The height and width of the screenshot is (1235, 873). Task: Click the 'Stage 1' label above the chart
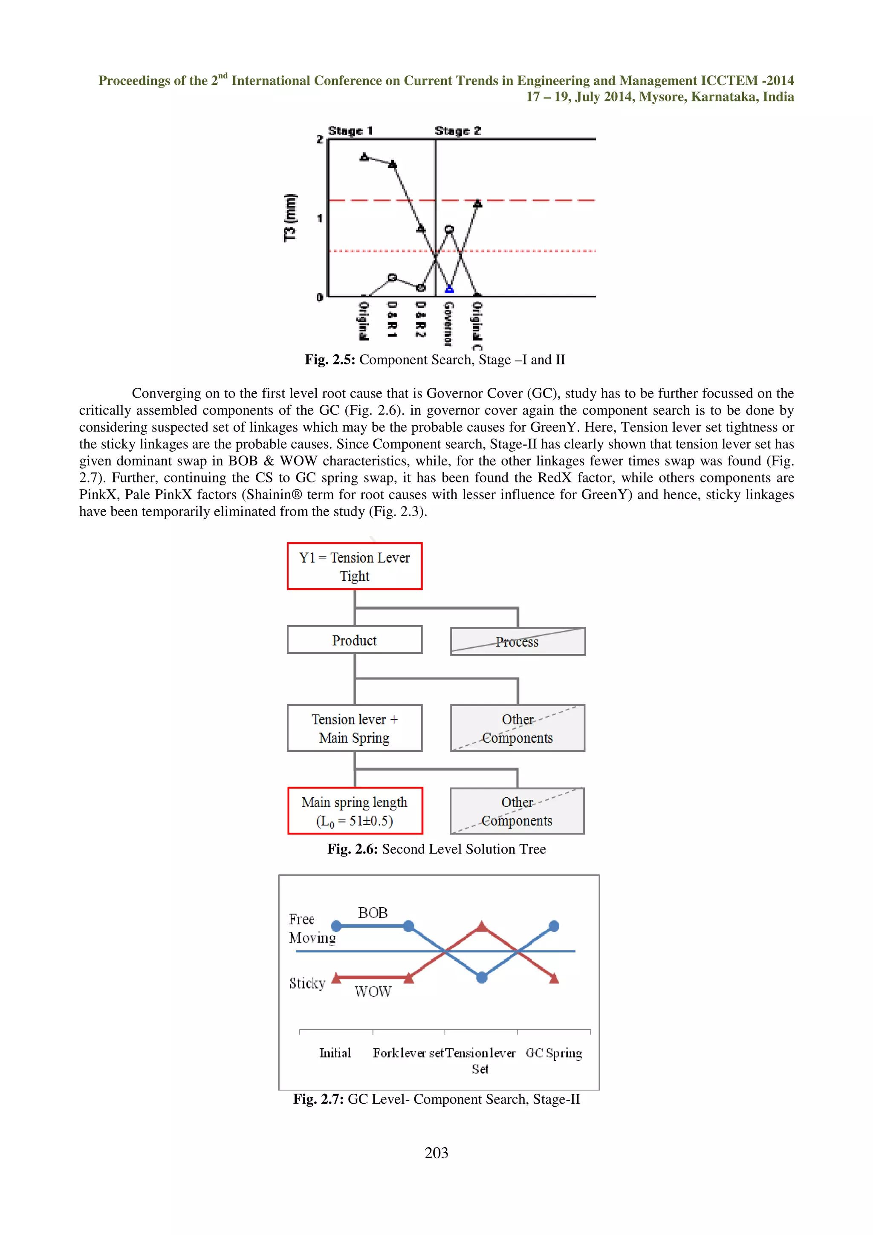click(x=350, y=131)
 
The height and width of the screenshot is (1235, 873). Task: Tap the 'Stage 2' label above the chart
click(x=457, y=131)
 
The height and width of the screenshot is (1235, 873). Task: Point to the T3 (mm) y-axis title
click(x=290, y=218)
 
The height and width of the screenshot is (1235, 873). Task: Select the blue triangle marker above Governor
click(x=449, y=289)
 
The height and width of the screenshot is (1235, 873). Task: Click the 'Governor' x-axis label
click(x=448, y=323)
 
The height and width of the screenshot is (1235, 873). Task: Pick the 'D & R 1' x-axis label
click(x=392, y=320)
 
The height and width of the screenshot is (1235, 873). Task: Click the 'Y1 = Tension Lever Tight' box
click(x=355, y=566)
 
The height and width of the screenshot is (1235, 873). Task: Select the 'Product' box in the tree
click(x=355, y=640)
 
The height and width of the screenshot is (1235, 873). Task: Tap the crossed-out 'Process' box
click(x=517, y=642)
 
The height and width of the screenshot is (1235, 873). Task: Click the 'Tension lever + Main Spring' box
click(x=355, y=728)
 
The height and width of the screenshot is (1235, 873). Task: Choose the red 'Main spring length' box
click(x=355, y=811)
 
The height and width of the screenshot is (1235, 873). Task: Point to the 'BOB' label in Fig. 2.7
click(x=373, y=913)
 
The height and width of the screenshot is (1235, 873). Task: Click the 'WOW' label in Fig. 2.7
click(x=373, y=991)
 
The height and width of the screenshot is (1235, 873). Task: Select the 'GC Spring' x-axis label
click(x=553, y=1053)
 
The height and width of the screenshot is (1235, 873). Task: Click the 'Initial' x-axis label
click(x=335, y=1053)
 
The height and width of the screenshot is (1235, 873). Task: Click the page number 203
click(x=436, y=1153)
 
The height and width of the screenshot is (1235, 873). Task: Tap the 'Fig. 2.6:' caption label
click(x=353, y=849)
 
